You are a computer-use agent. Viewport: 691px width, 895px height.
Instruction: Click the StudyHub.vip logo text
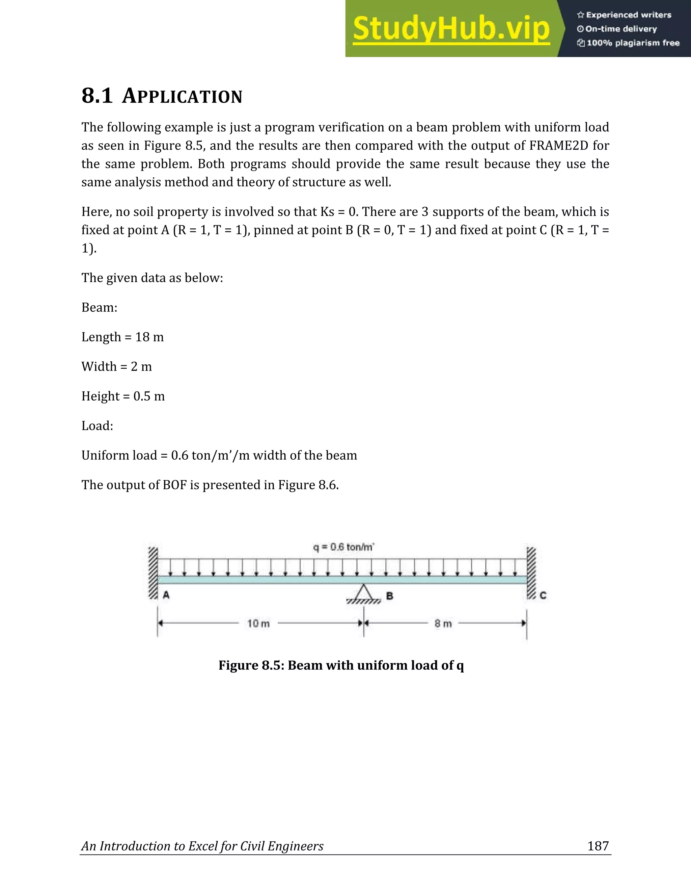point(451,29)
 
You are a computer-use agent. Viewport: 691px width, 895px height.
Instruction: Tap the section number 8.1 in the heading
point(97,96)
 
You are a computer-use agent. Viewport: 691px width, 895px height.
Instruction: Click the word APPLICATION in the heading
point(182,96)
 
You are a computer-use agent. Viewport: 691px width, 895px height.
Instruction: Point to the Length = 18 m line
point(122,337)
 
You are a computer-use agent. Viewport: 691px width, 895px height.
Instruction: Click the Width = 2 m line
point(116,366)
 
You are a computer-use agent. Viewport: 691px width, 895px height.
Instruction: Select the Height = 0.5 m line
point(123,396)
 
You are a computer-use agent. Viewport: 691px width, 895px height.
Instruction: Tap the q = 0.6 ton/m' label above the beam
point(343,547)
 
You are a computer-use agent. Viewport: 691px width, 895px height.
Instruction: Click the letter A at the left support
point(166,595)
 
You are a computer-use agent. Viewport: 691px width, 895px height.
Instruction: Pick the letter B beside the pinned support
point(390,596)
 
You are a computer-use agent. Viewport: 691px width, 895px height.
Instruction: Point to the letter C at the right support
point(543,595)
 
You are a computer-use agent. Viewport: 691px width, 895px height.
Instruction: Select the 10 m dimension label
point(258,623)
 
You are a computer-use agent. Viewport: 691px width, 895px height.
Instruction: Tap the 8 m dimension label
point(443,624)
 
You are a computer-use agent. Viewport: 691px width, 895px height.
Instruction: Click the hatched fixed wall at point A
point(153,573)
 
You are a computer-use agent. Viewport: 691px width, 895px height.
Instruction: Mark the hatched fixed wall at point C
point(531,573)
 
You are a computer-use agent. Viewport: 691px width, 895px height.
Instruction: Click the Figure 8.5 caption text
point(341,665)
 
